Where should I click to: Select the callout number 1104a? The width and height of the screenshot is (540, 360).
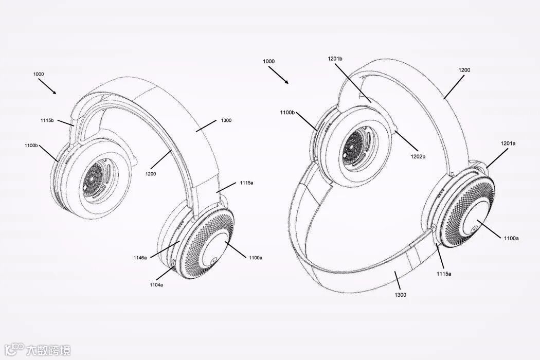[156, 284]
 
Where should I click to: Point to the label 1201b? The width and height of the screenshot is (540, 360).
[335, 59]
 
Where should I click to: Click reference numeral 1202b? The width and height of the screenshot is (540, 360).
[417, 156]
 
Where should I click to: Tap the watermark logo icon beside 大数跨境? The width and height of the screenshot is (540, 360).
[17, 350]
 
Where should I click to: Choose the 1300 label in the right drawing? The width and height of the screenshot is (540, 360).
[401, 295]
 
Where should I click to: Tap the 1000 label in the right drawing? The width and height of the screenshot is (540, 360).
[268, 61]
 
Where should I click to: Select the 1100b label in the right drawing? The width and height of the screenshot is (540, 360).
[287, 112]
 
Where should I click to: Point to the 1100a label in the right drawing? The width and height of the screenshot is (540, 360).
[511, 238]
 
